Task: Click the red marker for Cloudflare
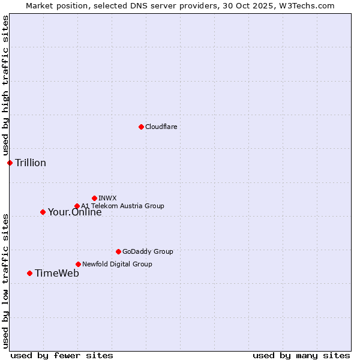(x=141, y=127)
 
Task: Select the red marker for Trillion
(x=10, y=163)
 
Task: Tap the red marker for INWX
(x=94, y=198)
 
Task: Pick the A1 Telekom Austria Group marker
(x=77, y=206)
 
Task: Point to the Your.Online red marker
(x=43, y=212)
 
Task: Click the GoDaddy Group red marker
(x=118, y=251)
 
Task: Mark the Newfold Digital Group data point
(x=78, y=264)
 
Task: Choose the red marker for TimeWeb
(x=29, y=273)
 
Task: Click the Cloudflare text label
(x=161, y=127)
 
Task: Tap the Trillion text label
(x=31, y=163)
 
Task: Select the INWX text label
(x=107, y=198)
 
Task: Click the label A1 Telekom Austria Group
(x=122, y=206)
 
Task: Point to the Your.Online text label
(x=74, y=212)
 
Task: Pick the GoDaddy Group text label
(x=148, y=251)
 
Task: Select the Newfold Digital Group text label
(x=117, y=264)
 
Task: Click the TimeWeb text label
(x=57, y=273)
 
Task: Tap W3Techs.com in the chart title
(x=310, y=5)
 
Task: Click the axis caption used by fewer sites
(x=62, y=355)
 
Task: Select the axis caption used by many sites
(x=301, y=355)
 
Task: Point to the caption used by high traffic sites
(x=5, y=86)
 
